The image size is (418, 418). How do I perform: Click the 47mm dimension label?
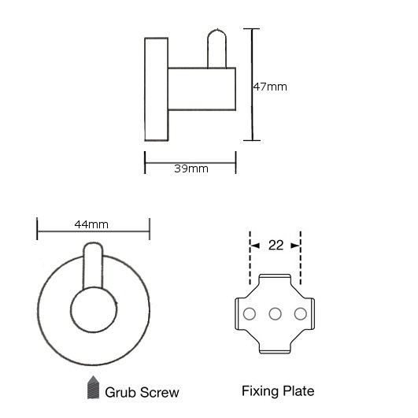pos(270,87)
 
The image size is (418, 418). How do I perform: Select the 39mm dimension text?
pos(191,168)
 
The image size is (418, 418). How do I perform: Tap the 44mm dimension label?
pos(91,224)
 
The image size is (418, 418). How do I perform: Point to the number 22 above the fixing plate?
pos(276,246)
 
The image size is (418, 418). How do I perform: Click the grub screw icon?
pos(94,387)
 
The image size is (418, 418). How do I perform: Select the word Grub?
pos(120,392)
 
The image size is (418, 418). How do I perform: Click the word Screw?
pos(160,392)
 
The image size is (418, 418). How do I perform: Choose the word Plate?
pos(298,391)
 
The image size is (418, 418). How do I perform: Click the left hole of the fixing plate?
pos(250,314)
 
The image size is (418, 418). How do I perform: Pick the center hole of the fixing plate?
pos(275,314)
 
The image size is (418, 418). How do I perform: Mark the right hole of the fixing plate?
pos(301,314)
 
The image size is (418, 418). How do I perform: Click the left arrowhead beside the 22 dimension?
pos(255,246)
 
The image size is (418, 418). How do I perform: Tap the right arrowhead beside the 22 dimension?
pos(296,246)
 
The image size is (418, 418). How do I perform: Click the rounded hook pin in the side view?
pos(216,49)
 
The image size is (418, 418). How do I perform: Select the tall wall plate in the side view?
pos(156,89)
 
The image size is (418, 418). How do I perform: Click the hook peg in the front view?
pos(93,265)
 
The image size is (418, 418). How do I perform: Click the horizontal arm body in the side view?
pos(202,89)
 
